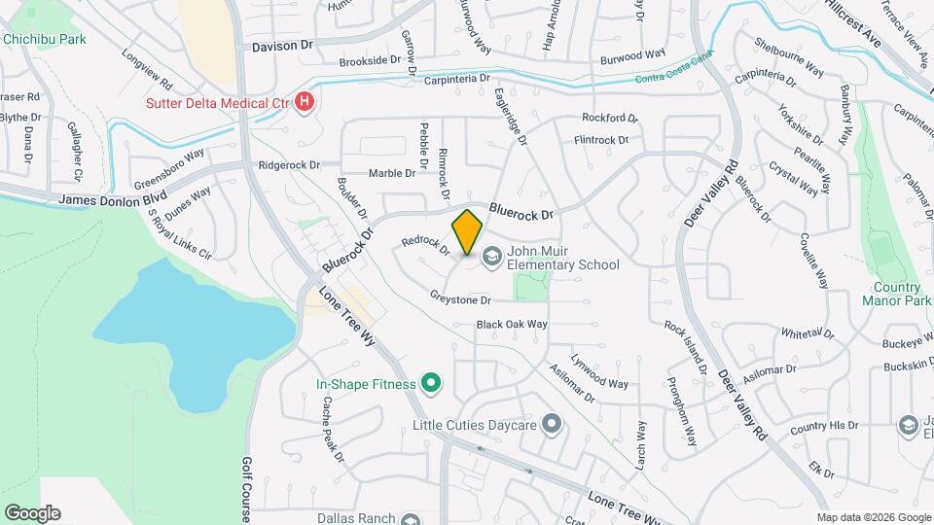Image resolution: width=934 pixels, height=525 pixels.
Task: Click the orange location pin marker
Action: (468, 231)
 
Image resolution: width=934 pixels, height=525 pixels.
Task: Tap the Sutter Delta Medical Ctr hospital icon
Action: (305, 102)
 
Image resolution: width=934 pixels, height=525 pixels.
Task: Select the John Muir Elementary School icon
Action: (491, 256)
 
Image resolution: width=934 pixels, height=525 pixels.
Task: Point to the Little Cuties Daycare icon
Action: (553, 424)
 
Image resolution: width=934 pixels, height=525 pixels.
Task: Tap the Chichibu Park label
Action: (44, 39)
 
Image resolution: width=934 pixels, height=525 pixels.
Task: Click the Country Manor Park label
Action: (896, 294)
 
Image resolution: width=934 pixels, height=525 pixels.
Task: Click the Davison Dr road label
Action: (283, 46)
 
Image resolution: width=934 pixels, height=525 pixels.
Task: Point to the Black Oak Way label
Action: (512, 324)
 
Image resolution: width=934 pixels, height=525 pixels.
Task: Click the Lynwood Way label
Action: (599, 371)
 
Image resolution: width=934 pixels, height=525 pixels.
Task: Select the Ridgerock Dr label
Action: (289, 165)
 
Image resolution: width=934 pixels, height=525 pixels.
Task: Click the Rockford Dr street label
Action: (609, 118)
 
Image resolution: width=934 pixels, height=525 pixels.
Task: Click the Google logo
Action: (32, 512)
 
